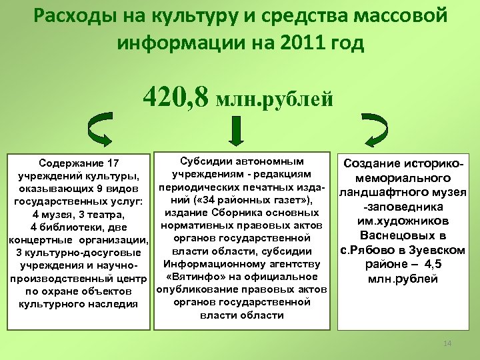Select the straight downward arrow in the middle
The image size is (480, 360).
pyautogui.click(x=235, y=131)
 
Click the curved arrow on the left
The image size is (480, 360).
pyautogui.click(x=101, y=131)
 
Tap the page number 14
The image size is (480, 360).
pyautogui.click(x=447, y=343)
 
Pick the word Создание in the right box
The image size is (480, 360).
pyautogui.click(x=372, y=163)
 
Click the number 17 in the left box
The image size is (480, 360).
pyautogui.click(x=113, y=163)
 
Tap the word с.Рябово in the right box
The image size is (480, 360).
pyautogui.click(x=365, y=250)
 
